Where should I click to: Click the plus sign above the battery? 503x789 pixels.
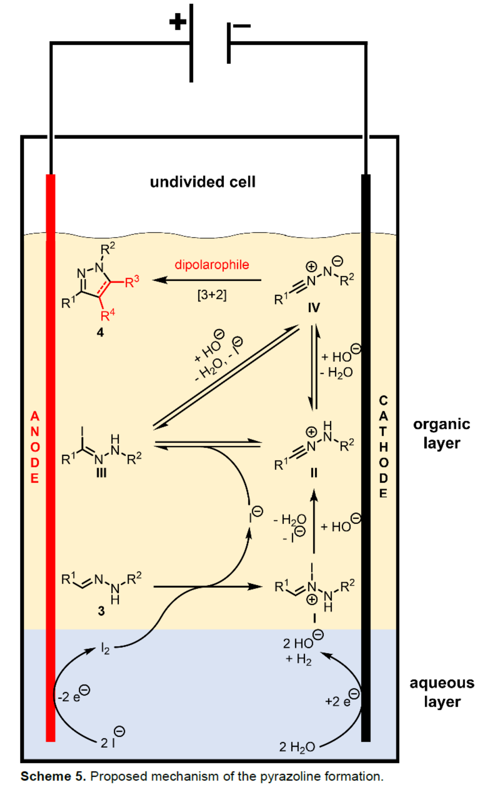(x=177, y=22)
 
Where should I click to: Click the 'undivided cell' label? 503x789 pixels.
(x=203, y=182)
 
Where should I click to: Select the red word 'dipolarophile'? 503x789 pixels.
(x=212, y=265)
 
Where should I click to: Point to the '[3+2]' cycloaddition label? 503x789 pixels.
(x=212, y=295)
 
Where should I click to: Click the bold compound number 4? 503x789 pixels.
(x=100, y=332)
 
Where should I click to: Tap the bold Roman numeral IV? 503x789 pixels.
(x=314, y=308)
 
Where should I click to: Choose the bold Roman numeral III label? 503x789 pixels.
(x=101, y=473)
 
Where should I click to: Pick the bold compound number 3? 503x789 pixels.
(x=101, y=611)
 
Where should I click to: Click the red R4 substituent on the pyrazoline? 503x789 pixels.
(x=107, y=315)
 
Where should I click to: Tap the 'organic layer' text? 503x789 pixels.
(x=441, y=433)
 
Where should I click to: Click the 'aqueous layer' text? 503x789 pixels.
(x=442, y=692)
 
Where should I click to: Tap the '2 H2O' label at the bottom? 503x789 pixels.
(x=297, y=747)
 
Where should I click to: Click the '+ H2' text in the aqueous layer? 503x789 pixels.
(x=299, y=659)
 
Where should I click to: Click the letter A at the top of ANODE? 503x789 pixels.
(x=35, y=416)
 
